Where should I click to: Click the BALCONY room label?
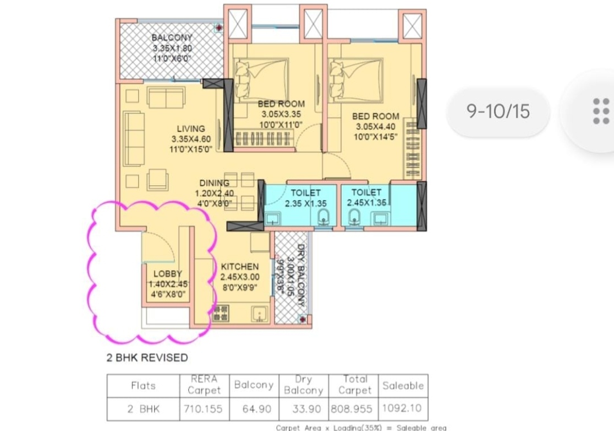(172, 37)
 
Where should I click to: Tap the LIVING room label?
(191, 128)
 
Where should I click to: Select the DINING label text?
(214, 183)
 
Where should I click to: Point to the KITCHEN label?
(240, 267)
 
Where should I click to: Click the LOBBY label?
(168, 274)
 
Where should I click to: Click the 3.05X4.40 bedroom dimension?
(376, 127)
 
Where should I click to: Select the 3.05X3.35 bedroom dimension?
(281, 115)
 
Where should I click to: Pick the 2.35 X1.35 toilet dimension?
(306, 203)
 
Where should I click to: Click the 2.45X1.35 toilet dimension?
(366, 202)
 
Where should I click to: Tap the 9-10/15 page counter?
(498, 111)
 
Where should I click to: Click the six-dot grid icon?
(601, 111)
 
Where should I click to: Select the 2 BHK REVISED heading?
(147, 358)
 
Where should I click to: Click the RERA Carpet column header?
(204, 385)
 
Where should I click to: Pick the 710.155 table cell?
(203, 409)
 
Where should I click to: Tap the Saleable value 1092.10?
(402, 408)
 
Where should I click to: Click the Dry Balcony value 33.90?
(306, 409)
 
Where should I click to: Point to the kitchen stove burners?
(221, 314)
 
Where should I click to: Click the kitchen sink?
(259, 314)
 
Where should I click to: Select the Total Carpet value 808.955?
(352, 409)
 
